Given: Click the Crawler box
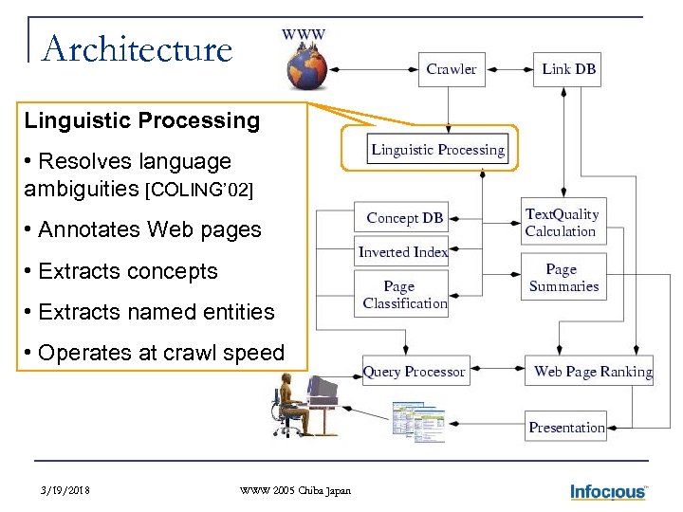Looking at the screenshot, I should (452, 69).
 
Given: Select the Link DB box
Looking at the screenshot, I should (567, 69).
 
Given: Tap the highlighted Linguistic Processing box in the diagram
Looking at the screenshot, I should (437, 150).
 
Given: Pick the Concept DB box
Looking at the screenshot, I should (404, 218).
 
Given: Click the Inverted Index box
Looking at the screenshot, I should (403, 252).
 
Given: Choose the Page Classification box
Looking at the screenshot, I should (403, 294).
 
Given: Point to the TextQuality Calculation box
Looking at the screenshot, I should (563, 223).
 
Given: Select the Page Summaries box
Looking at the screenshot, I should (563, 278).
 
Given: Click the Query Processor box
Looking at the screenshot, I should (415, 372).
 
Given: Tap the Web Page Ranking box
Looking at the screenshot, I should (592, 372).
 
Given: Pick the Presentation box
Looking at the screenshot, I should (565, 428).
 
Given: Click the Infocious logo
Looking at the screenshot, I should (608, 491).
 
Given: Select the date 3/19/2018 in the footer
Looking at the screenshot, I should (67, 490).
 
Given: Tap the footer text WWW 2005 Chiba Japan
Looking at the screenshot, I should (295, 490).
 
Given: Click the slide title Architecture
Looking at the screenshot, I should (138, 48).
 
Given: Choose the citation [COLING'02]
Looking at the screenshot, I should (198, 190).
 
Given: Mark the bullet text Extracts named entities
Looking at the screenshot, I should (156, 312).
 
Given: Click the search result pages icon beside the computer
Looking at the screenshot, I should (418, 419).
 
